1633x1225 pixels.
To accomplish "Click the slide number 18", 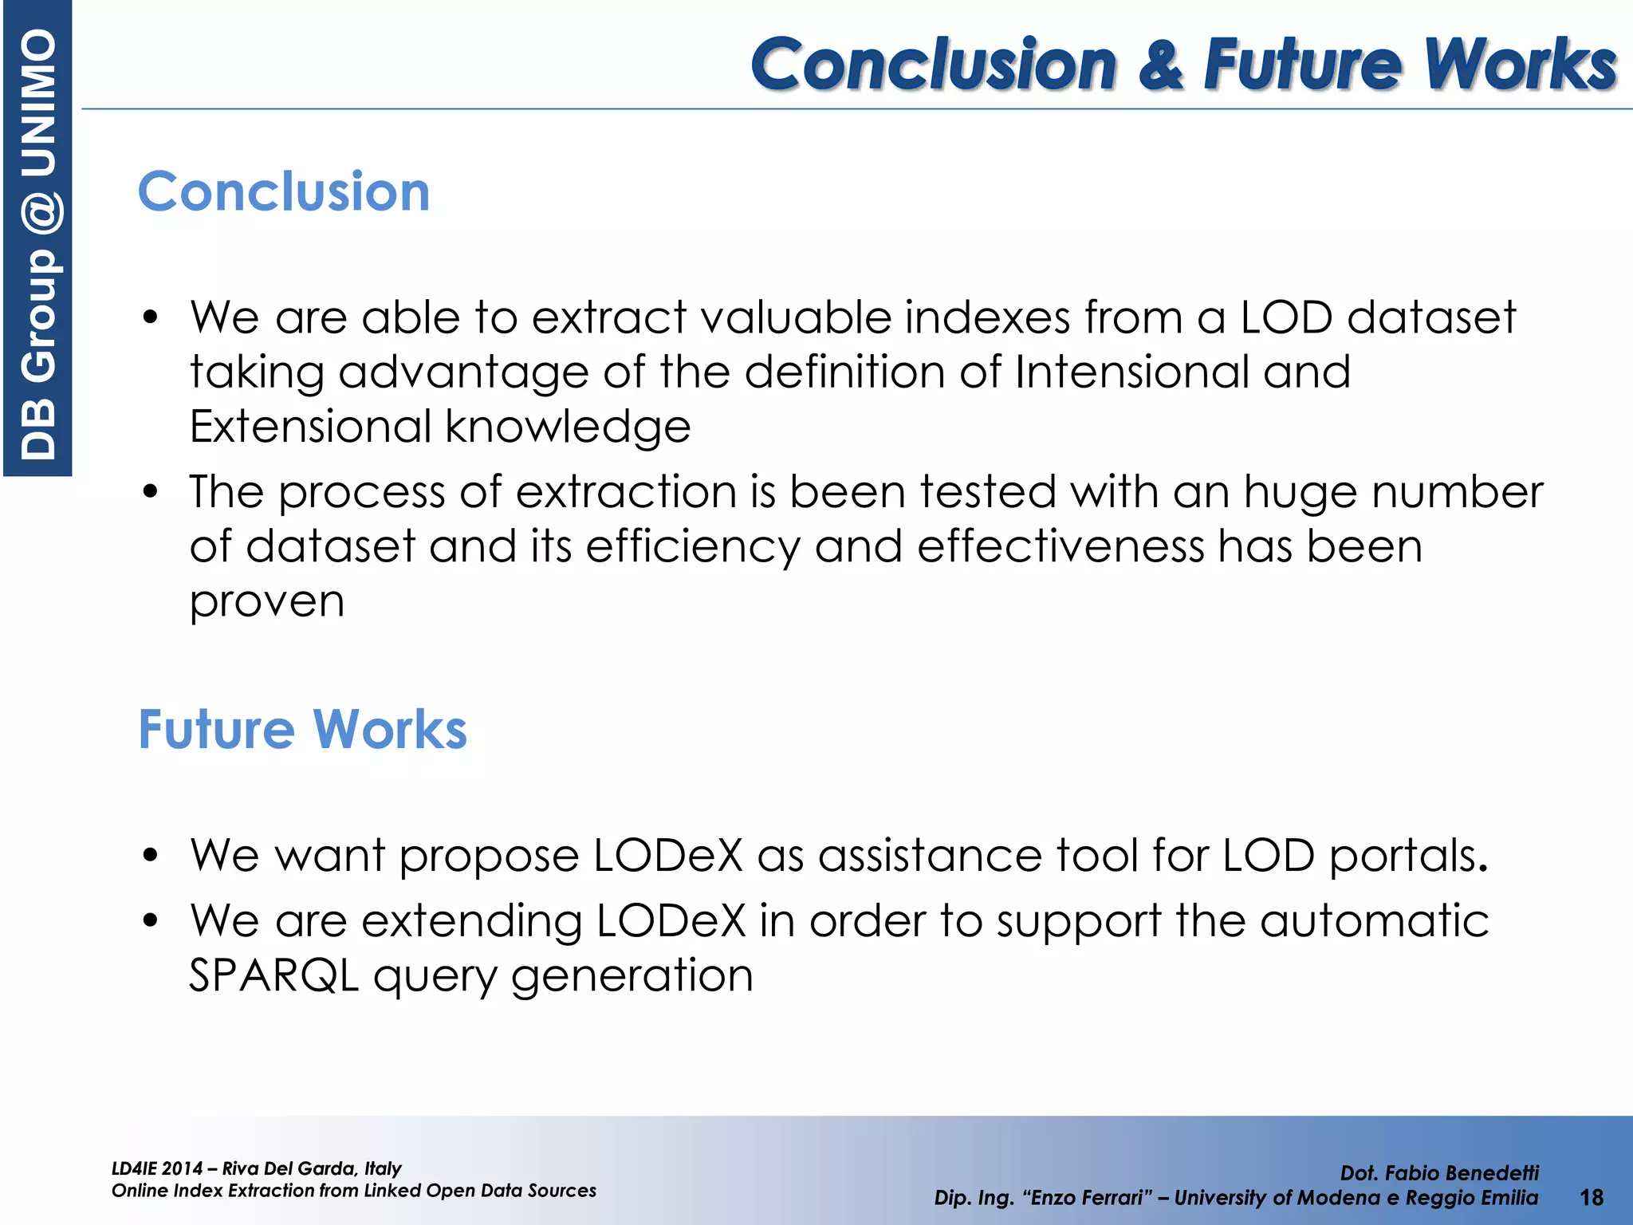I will click(1591, 1197).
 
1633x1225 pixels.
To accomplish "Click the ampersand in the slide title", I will click(1160, 65).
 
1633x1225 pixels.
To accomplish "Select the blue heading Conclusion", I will click(284, 192).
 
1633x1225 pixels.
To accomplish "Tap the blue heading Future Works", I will click(302, 730).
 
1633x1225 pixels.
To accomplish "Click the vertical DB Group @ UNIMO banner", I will click(37, 239).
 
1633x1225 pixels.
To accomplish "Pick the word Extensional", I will click(309, 427).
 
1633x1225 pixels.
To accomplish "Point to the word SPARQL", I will click(273, 975).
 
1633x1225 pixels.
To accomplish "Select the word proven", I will click(267, 601).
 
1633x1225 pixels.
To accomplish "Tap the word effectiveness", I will click(1060, 547).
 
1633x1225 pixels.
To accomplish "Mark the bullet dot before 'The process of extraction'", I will click(151, 492).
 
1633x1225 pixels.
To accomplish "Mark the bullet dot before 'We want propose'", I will click(151, 856).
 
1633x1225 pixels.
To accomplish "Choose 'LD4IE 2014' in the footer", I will click(157, 1169).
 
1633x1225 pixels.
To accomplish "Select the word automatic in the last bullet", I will click(1374, 921).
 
